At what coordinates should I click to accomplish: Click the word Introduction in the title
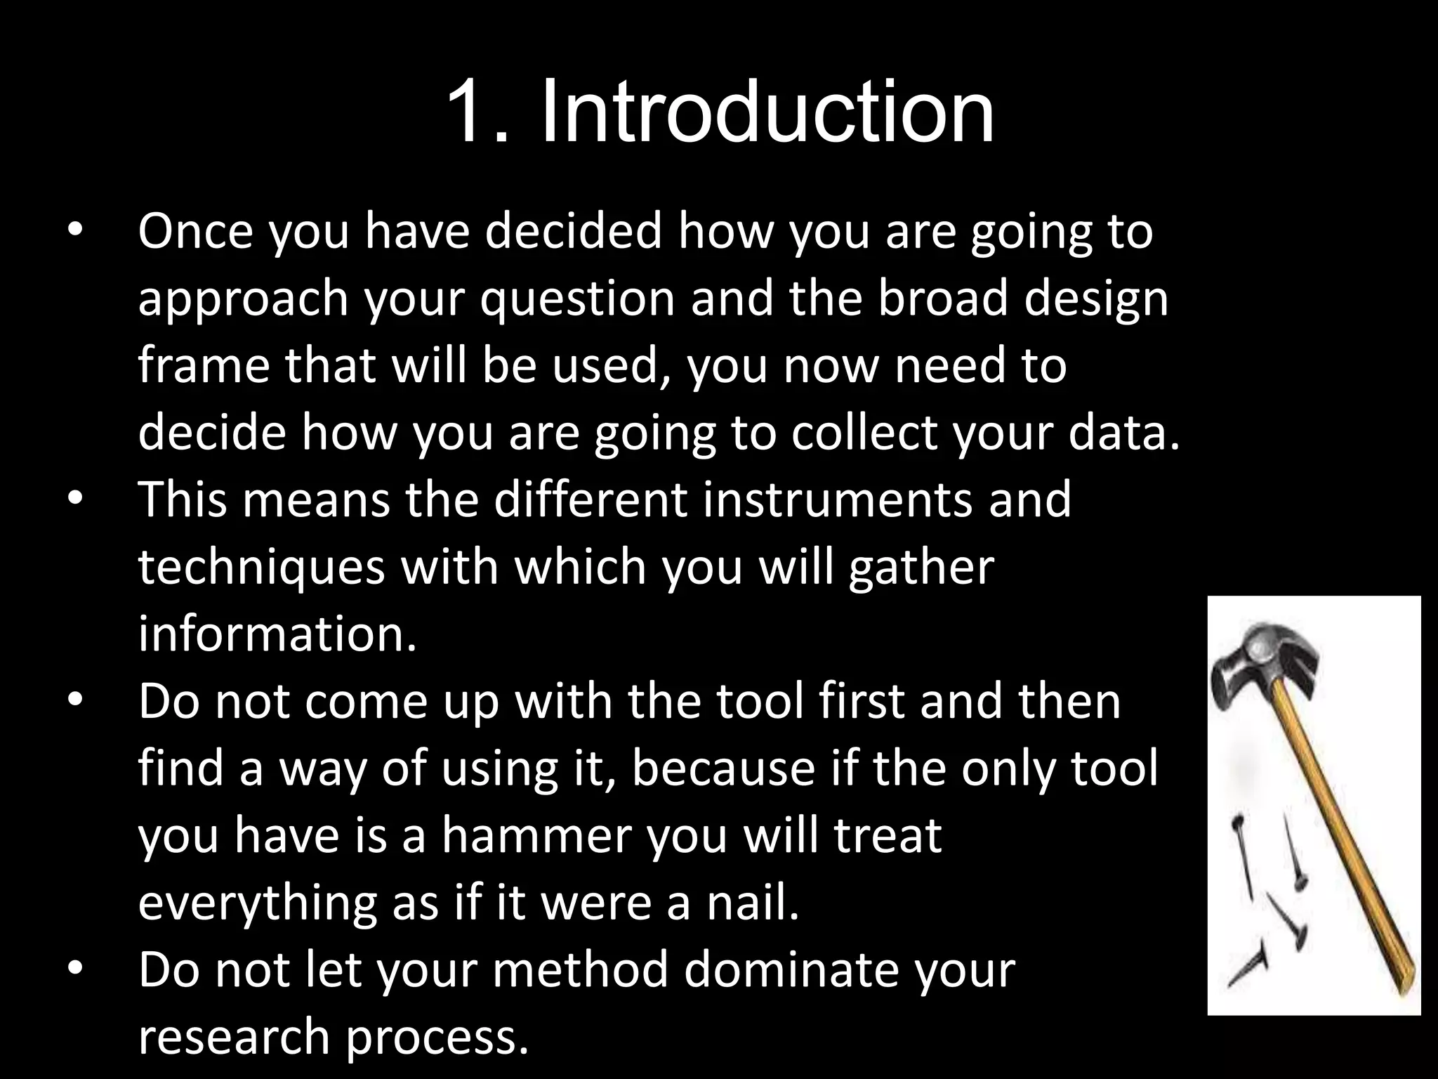(x=767, y=112)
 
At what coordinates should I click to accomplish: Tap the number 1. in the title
(x=477, y=112)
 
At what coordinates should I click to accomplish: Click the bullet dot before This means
(x=76, y=500)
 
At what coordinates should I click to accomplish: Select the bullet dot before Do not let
(x=76, y=971)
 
